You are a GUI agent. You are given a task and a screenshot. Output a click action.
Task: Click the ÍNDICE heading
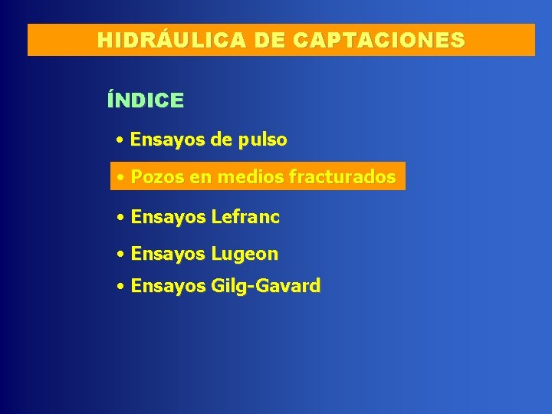(x=146, y=100)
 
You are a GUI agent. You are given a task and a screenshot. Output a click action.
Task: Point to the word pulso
(x=263, y=140)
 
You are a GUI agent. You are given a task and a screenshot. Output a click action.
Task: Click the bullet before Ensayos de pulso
(x=121, y=141)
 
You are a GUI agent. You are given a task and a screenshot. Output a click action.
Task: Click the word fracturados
(x=342, y=178)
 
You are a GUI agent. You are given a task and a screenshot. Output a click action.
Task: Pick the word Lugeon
(x=245, y=254)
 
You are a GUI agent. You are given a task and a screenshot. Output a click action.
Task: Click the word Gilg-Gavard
(x=265, y=287)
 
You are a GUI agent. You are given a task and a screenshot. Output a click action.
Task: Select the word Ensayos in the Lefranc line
(x=168, y=218)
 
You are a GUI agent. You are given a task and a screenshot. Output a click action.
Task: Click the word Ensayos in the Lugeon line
(x=168, y=254)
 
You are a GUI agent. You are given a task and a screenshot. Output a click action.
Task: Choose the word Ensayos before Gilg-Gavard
(x=168, y=287)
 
